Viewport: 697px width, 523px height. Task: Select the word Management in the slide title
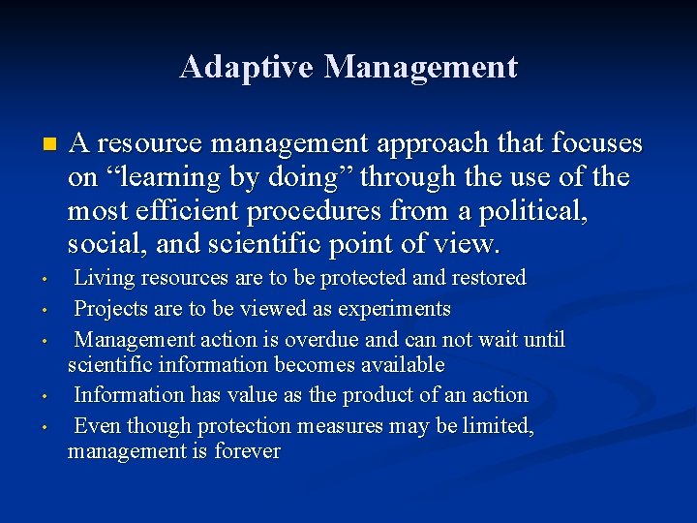pos(421,67)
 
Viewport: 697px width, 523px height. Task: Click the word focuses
pos(596,143)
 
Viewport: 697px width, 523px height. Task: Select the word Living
pos(105,278)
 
